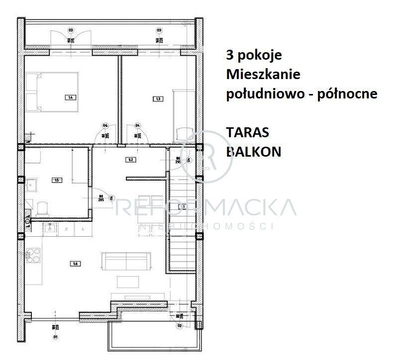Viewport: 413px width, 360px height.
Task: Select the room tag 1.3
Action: click(x=158, y=99)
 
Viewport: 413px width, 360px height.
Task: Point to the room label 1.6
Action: click(x=75, y=263)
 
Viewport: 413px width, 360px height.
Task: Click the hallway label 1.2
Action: click(x=131, y=160)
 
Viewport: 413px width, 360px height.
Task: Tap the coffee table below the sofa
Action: click(x=128, y=281)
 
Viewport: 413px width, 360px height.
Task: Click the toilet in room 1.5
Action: click(x=42, y=208)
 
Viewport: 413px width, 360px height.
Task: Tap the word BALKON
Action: click(x=253, y=152)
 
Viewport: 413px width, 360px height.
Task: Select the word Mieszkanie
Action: click(x=263, y=75)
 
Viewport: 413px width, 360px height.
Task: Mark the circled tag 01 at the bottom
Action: click(x=56, y=337)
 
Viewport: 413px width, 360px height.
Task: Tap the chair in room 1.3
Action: click(x=183, y=133)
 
